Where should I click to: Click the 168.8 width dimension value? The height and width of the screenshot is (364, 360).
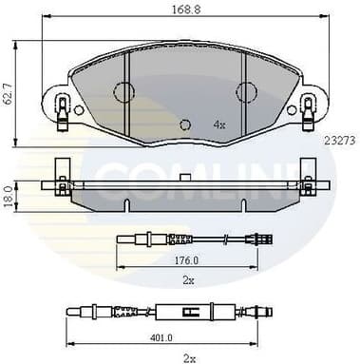click(x=181, y=13)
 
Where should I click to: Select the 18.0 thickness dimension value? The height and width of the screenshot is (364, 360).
click(x=9, y=195)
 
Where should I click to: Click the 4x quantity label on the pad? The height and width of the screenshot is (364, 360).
click(x=218, y=125)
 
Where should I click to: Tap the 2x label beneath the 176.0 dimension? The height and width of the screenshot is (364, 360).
click(x=188, y=281)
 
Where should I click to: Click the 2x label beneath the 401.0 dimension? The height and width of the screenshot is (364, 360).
click(x=188, y=357)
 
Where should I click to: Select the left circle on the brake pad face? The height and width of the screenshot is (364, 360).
click(x=124, y=92)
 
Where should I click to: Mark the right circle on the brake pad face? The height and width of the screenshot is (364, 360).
click(x=246, y=92)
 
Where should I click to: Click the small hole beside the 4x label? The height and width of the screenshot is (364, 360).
click(x=186, y=124)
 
